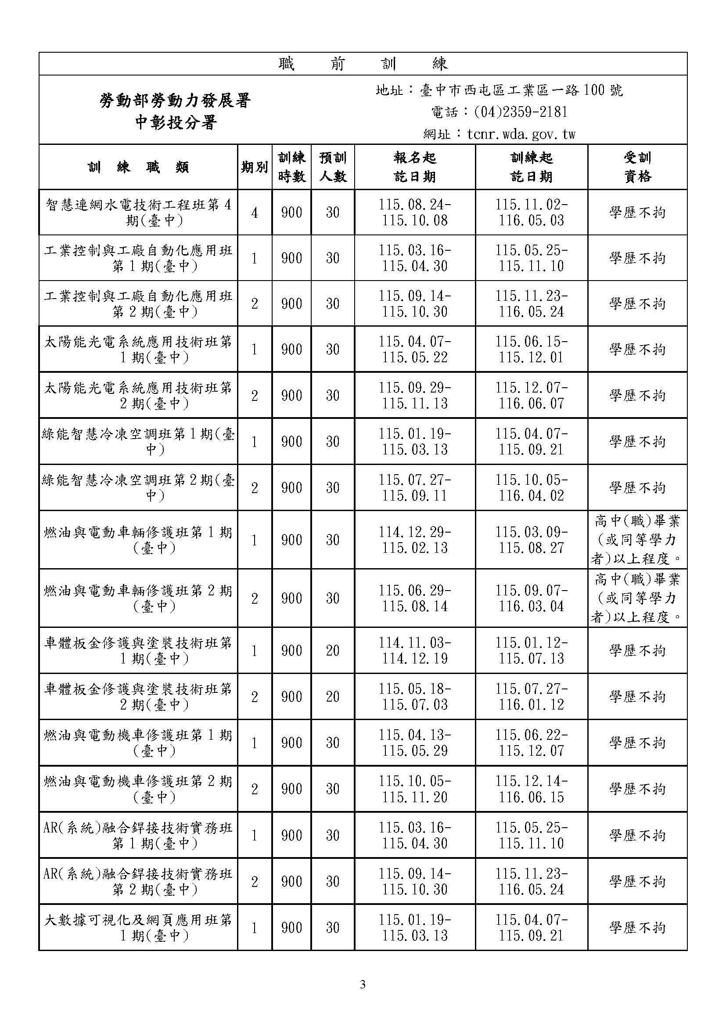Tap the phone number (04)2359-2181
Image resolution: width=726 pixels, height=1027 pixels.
(499, 112)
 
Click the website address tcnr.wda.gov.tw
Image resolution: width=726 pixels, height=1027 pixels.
(499, 134)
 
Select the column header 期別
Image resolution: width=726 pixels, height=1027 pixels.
(255, 167)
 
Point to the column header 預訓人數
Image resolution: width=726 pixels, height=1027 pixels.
(333, 167)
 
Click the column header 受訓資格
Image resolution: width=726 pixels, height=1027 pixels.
(637, 167)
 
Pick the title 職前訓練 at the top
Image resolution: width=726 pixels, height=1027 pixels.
(363, 64)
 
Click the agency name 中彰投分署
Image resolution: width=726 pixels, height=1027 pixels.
(176, 122)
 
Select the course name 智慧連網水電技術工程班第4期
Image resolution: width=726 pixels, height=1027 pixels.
(139, 213)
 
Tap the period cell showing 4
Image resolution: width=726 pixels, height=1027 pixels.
(255, 213)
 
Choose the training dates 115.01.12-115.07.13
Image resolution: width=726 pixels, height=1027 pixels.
(531, 650)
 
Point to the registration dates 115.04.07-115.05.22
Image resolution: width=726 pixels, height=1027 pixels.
(414, 350)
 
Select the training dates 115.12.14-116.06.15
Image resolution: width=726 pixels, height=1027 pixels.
(531, 789)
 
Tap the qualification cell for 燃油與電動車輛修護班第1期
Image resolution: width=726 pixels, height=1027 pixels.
(637, 540)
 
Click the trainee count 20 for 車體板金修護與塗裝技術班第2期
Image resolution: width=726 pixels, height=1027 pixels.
(333, 696)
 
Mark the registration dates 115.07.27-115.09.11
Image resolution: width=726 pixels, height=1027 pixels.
(414, 487)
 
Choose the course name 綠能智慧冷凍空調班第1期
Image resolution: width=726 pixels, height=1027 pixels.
(139, 441)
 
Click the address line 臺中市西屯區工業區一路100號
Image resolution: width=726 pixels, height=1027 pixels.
(499, 90)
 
